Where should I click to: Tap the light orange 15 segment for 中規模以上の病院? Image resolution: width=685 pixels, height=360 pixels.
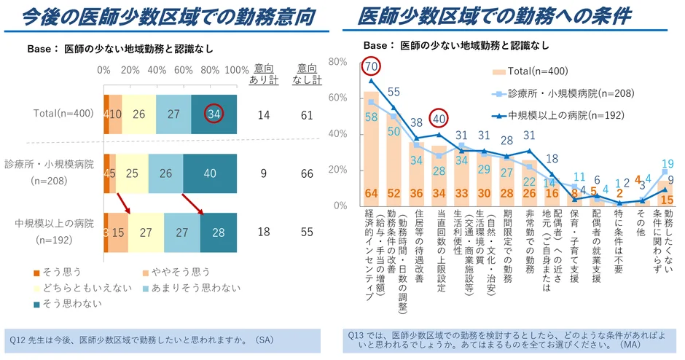(x=119, y=232)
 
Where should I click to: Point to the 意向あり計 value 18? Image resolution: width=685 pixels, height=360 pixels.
(x=264, y=232)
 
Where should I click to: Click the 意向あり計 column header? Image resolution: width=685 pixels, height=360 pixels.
(x=264, y=74)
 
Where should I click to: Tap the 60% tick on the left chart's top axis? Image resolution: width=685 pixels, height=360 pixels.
(x=184, y=70)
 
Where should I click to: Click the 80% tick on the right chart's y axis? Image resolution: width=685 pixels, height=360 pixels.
(x=337, y=62)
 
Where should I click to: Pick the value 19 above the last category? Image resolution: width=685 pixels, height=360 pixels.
(x=668, y=164)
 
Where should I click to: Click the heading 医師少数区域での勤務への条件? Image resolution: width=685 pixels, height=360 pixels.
(x=494, y=16)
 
